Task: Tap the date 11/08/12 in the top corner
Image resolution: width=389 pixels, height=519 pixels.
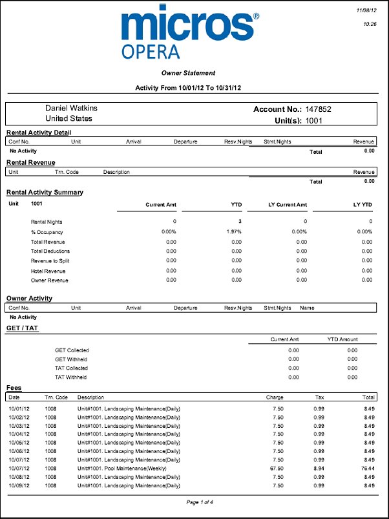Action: point(366,11)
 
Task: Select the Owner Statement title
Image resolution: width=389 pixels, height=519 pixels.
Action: point(188,73)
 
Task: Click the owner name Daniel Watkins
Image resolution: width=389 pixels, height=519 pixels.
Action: point(71,109)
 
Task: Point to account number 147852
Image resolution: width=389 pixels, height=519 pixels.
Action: point(319,109)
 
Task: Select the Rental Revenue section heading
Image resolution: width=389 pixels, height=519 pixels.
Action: point(30,162)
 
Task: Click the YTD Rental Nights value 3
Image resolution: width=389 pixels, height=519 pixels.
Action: point(239,222)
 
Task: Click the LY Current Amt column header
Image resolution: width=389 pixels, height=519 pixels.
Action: point(288,204)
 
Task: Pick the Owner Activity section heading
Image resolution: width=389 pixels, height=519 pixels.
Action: point(29,298)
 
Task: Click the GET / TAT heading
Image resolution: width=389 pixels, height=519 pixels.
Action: point(23,328)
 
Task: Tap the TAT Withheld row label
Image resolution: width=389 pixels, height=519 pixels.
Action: point(71,377)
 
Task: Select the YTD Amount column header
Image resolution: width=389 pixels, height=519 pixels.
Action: point(342,339)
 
